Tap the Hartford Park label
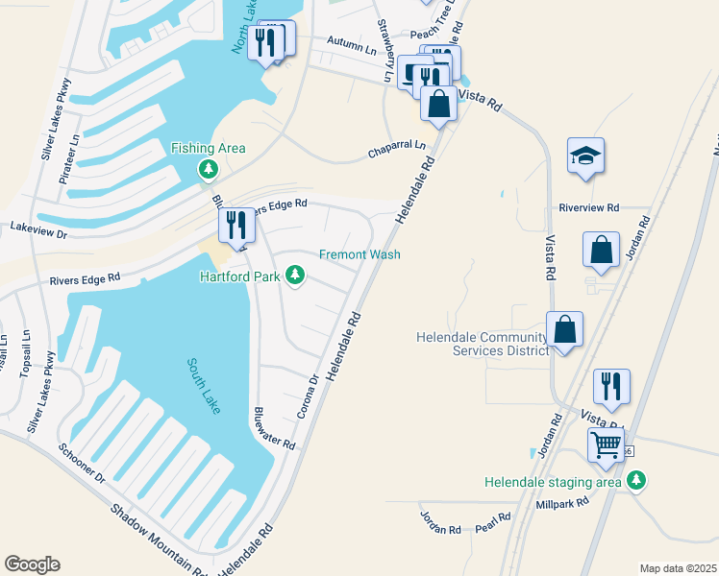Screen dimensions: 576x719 pos(239,276)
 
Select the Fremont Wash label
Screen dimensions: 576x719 pos(359,254)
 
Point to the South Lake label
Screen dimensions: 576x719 pos(204,386)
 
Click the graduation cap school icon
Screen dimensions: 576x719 pos(585,157)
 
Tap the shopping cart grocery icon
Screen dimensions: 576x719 pos(606,444)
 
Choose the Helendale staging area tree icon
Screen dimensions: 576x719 pos(634,479)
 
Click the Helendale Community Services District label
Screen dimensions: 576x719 pos(482,344)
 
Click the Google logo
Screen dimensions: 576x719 pos(32,564)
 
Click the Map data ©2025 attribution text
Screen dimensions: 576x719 pos(677,568)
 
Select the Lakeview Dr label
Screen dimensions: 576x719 pos(38,229)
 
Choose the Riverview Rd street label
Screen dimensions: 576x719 pos(589,206)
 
